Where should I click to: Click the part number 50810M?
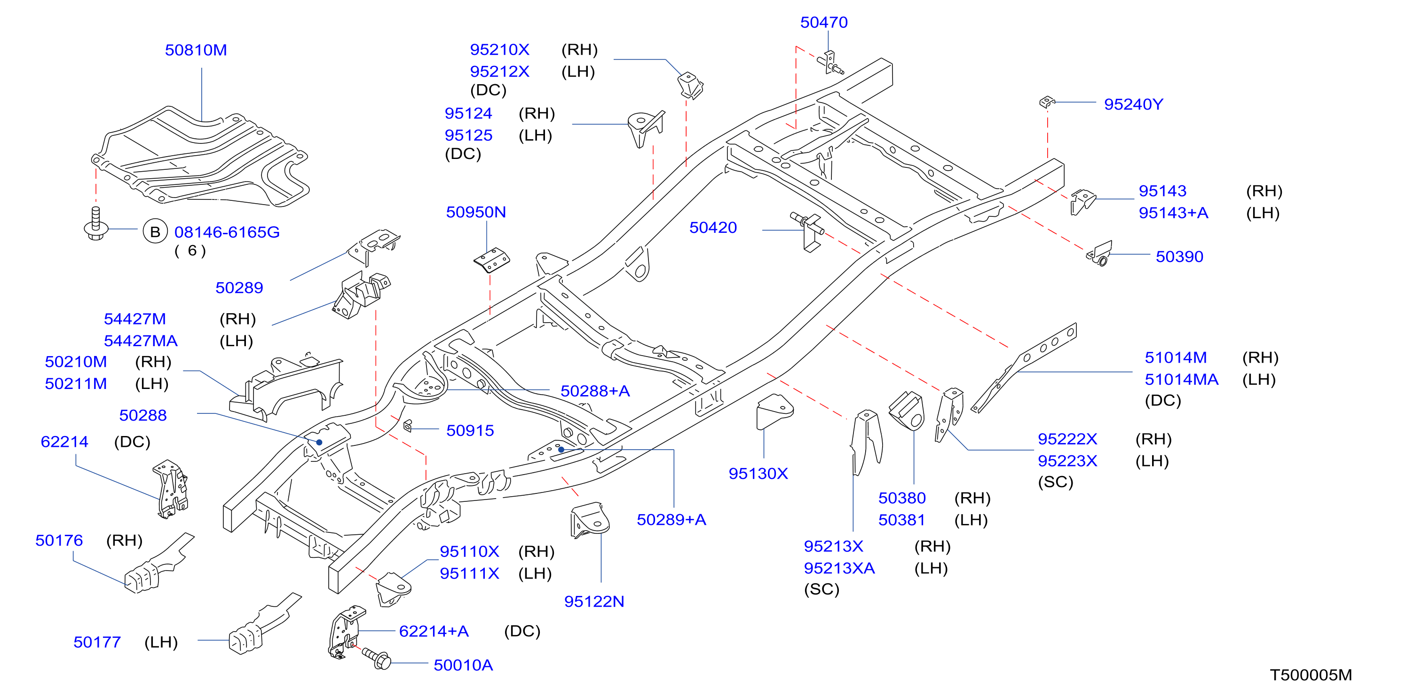point(196,50)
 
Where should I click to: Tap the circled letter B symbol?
point(155,232)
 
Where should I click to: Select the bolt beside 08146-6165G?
point(96,223)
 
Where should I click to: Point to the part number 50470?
point(824,23)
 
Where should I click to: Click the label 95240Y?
point(1133,104)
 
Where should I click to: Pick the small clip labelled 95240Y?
point(1046,102)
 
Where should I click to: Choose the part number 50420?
point(713,228)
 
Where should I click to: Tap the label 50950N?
point(476,212)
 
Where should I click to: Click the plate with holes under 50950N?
point(492,260)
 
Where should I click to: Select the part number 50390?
point(1179,256)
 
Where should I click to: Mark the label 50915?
point(470,430)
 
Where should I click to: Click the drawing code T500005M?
point(1311,675)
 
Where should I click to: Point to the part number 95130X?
point(758,474)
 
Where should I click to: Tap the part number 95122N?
point(594,602)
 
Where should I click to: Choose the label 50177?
point(97,642)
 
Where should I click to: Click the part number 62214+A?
point(434,631)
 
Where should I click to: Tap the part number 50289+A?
point(671,520)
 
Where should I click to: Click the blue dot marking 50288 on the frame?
point(319,442)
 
